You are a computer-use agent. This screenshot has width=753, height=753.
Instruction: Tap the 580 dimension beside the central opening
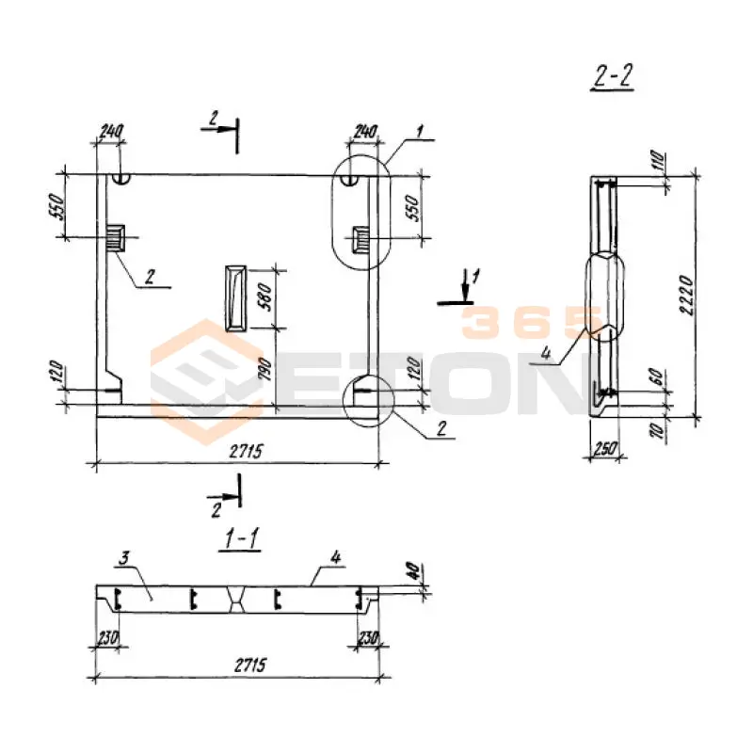point(264,296)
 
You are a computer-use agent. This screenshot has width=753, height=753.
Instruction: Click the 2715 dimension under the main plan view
point(246,451)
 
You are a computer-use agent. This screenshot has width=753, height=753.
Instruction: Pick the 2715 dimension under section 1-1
point(249,665)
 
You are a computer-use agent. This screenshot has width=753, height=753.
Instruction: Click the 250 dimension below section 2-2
point(604,449)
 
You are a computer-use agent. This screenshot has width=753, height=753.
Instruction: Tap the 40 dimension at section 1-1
point(414,570)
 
